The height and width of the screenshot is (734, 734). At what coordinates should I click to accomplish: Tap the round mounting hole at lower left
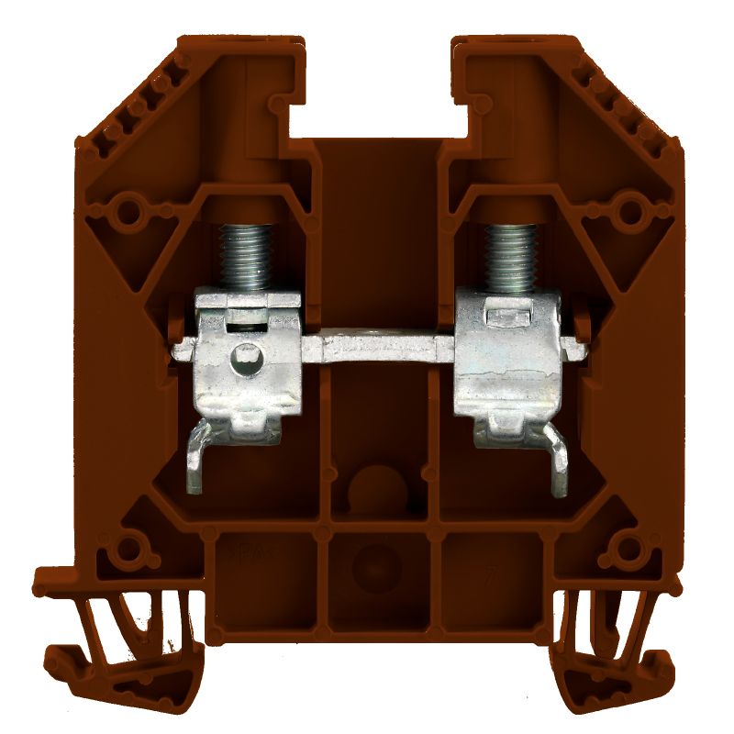click(x=125, y=551)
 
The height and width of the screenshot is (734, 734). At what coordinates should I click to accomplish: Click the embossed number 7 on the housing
click(x=492, y=579)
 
